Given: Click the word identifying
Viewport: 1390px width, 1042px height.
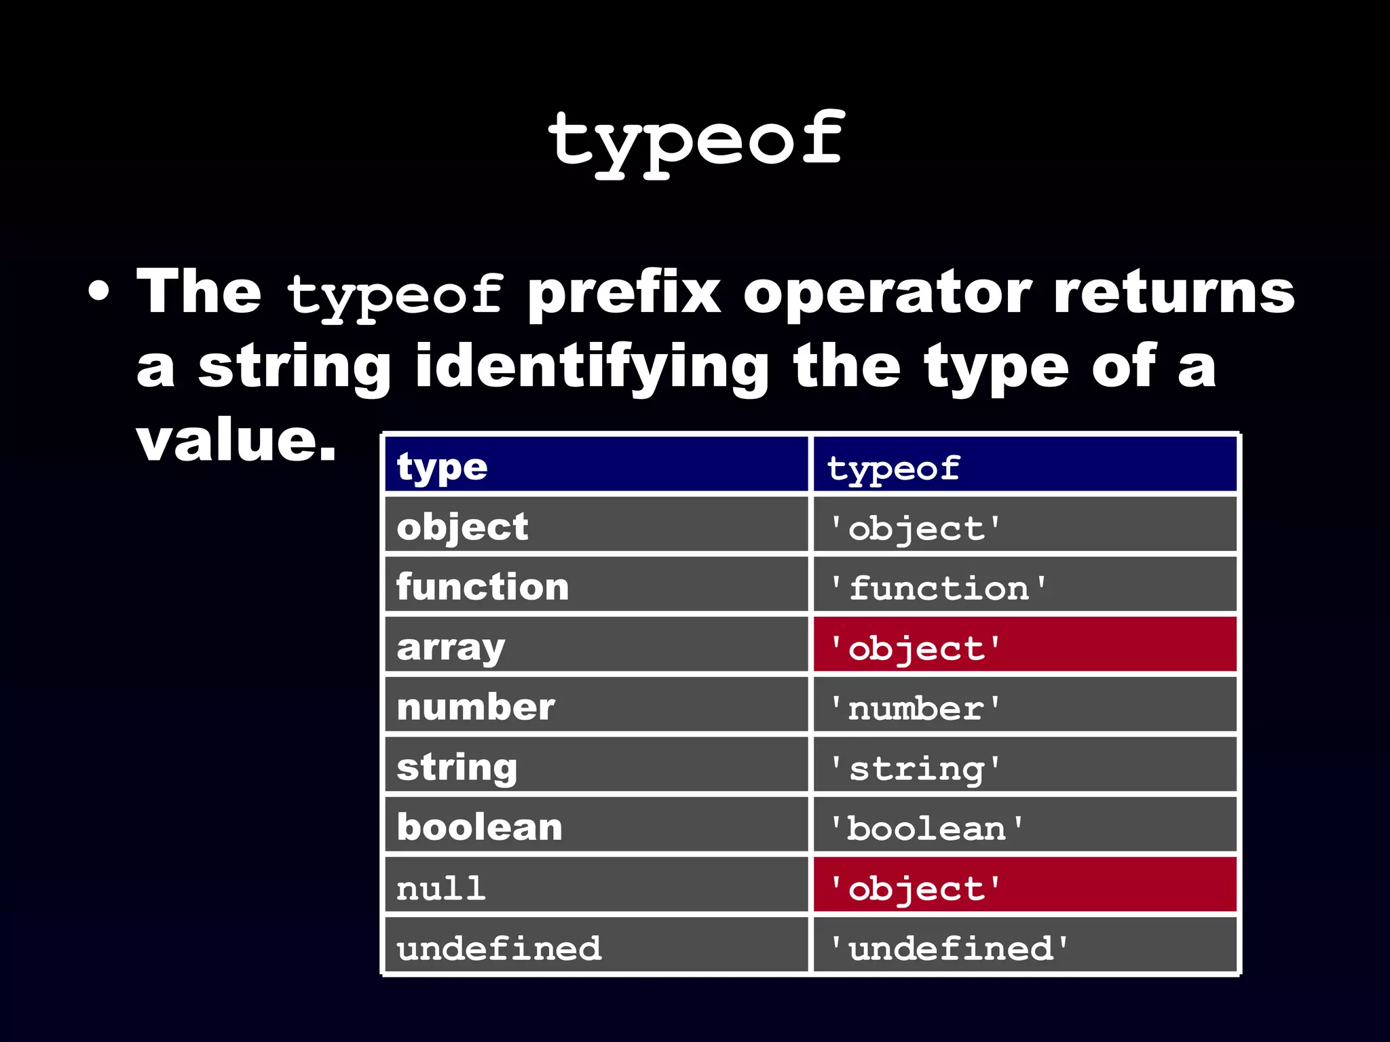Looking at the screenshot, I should click(592, 368).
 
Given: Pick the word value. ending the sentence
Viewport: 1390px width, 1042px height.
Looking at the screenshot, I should click(236, 441).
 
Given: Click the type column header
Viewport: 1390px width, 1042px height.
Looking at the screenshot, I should click(442, 467).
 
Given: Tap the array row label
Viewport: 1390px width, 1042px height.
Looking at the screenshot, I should click(451, 647).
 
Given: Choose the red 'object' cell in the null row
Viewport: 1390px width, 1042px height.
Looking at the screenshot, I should click(1024, 885).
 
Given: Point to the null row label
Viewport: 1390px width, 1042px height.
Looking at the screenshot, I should click(441, 888).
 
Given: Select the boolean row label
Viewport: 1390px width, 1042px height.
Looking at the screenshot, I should click(479, 828).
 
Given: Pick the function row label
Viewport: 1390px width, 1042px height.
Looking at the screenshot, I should click(483, 587).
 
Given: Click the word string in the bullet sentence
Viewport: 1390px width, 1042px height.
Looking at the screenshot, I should click(294, 368).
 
